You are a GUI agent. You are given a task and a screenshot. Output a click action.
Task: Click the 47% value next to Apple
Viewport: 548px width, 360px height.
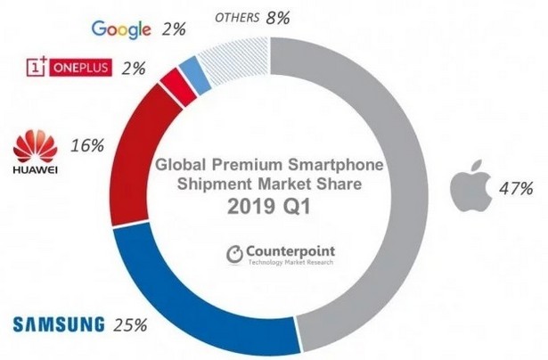click(x=516, y=188)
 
